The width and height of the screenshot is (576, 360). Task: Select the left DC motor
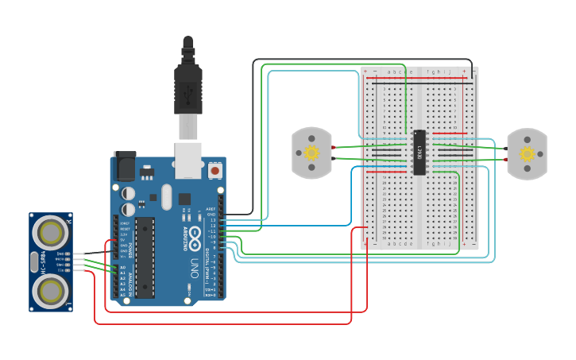[312, 153]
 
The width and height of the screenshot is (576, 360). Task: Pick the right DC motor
[527, 153]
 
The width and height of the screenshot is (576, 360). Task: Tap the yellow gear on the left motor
[312, 152]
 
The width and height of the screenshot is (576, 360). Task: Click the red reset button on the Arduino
[215, 170]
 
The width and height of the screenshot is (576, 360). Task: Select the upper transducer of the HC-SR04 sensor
[51, 232]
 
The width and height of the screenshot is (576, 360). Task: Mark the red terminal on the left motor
[334, 147]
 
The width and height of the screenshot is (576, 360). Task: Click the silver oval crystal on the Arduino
[165, 196]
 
